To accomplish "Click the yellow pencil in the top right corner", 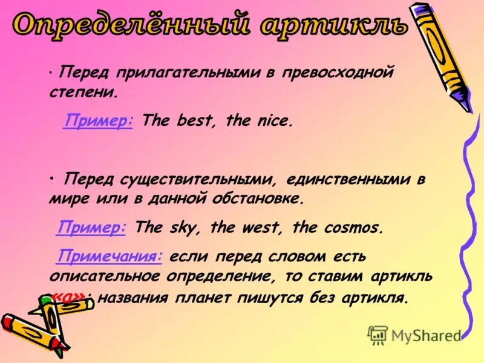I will pyautogui.click(x=442, y=54).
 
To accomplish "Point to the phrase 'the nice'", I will pyautogui.click(x=259, y=121).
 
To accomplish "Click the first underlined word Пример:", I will pyautogui.click(x=98, y=120).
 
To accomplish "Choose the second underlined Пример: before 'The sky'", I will pyautogui.click(x=91, y=227).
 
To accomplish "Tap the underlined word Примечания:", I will pyautogui.click(x=110, y=256).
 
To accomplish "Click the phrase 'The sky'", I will pyautogui.click(x=170, y=228).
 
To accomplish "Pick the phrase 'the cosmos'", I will pyautogui.click(x=338, y=228).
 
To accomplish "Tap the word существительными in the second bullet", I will pyautogui.click(x=200, y=180).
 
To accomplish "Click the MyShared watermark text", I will pyautogui.click(x=426, y=335).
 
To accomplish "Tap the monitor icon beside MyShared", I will pyautogui.click(x=378, y=335).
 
